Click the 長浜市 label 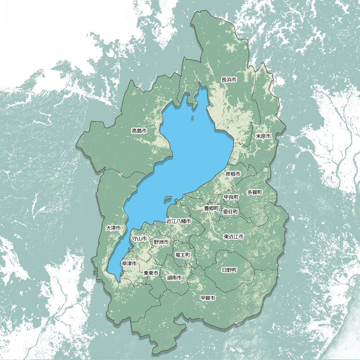coord(229,80)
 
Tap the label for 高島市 coord(139,131)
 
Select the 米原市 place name coord(263,136)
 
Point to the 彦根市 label coord(233,174)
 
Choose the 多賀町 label coord(255,192)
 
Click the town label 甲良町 coord(231,197)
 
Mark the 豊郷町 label coord(211,208)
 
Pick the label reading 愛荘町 coord(230,212)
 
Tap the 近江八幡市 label coord(179,221)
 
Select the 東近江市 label coord(234,237)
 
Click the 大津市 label coord(113,228)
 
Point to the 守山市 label coord(139,238)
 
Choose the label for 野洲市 coord(161,242)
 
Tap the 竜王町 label coord(183,255)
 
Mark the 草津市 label coord(129,264)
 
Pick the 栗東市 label coord(151,273)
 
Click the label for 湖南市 coord(174,278)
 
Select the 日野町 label coord(229,270)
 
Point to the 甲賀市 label coord(208,298)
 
